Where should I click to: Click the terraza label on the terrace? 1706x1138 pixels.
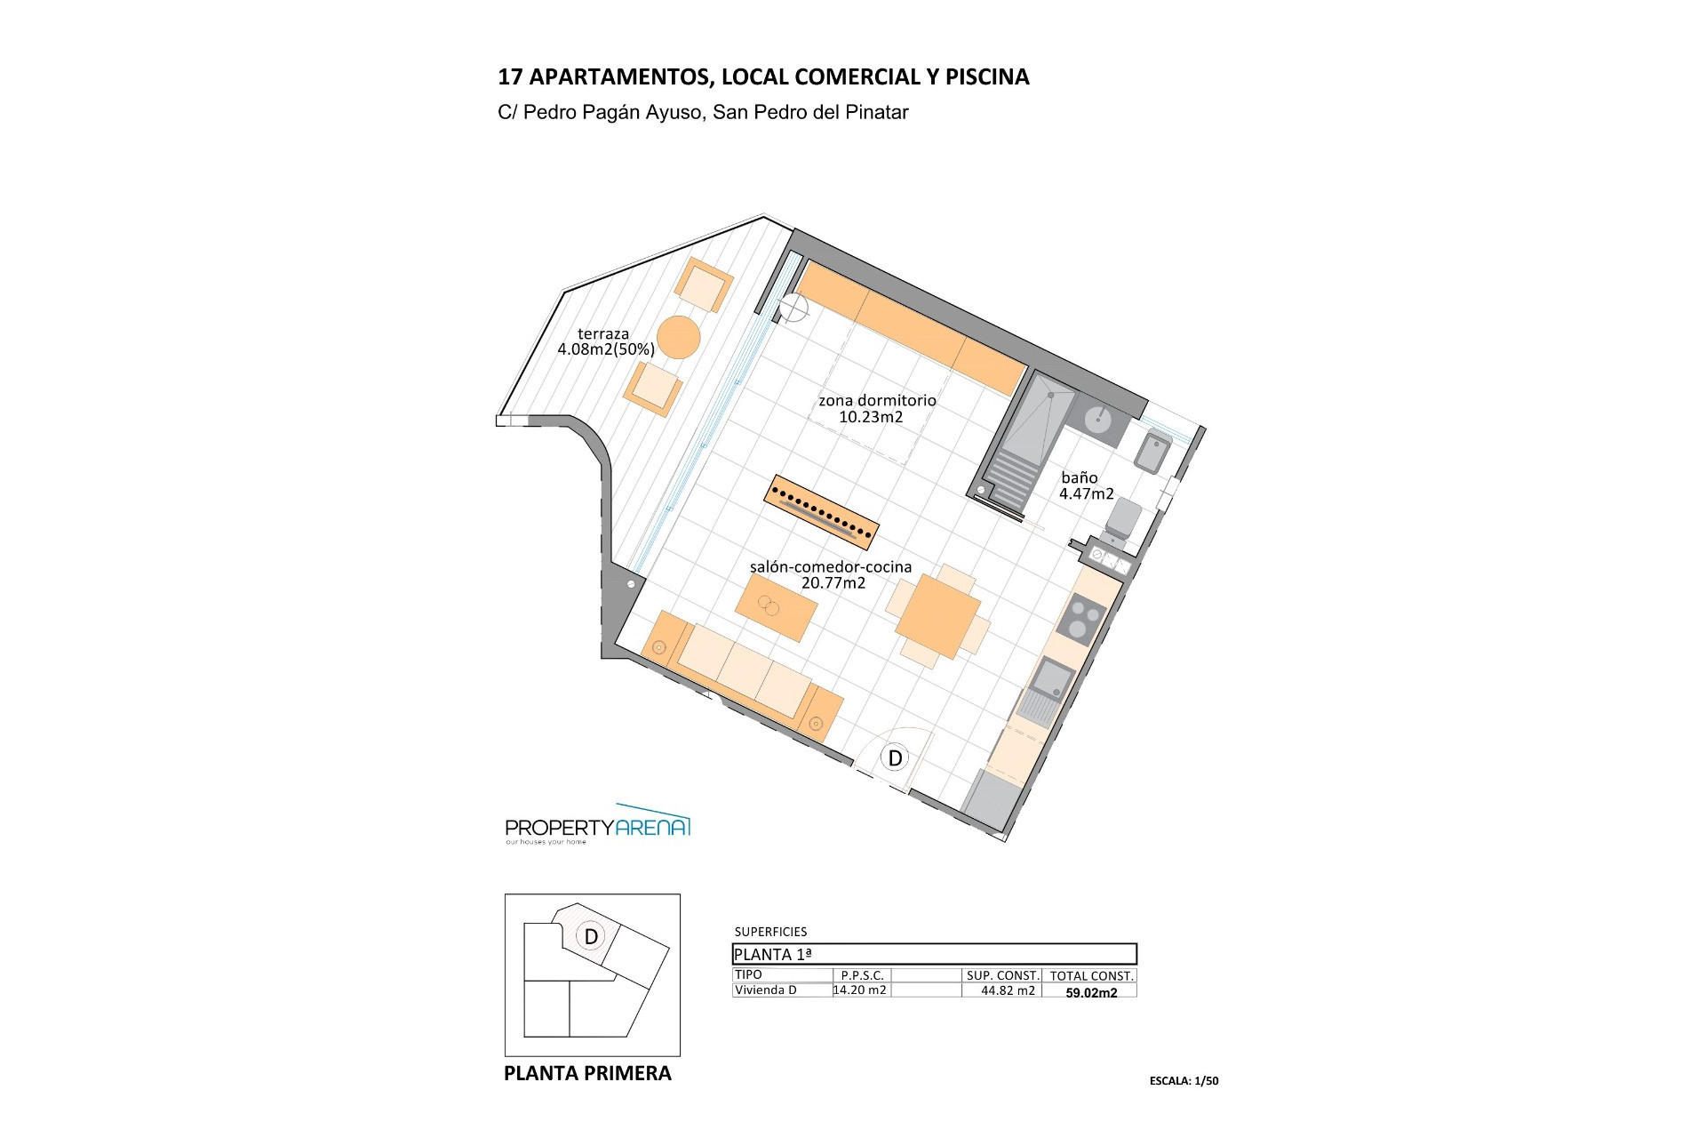pos(603,334)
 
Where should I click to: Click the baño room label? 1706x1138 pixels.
pos(1079,477)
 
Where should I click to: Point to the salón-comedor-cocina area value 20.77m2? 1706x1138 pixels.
pos(833,583)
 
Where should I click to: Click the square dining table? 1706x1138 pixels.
pos(937,617)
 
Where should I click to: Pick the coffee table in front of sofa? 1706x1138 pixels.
pos(777,607)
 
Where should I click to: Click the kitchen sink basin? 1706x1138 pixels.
pos(1053,677)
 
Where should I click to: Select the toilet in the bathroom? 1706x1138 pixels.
pos(1122,516)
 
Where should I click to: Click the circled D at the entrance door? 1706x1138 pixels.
pos(896,757)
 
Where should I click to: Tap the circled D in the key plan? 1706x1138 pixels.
pos(591,936)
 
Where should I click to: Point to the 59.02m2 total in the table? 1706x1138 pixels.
pos(1091,993)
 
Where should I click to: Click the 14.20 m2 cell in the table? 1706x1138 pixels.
pos(860,990)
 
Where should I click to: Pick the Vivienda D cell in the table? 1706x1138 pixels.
pos(766,990)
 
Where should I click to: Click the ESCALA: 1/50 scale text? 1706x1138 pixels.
pos(1184,1081)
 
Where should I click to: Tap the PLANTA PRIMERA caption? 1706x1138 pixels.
pos(587,1073)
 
